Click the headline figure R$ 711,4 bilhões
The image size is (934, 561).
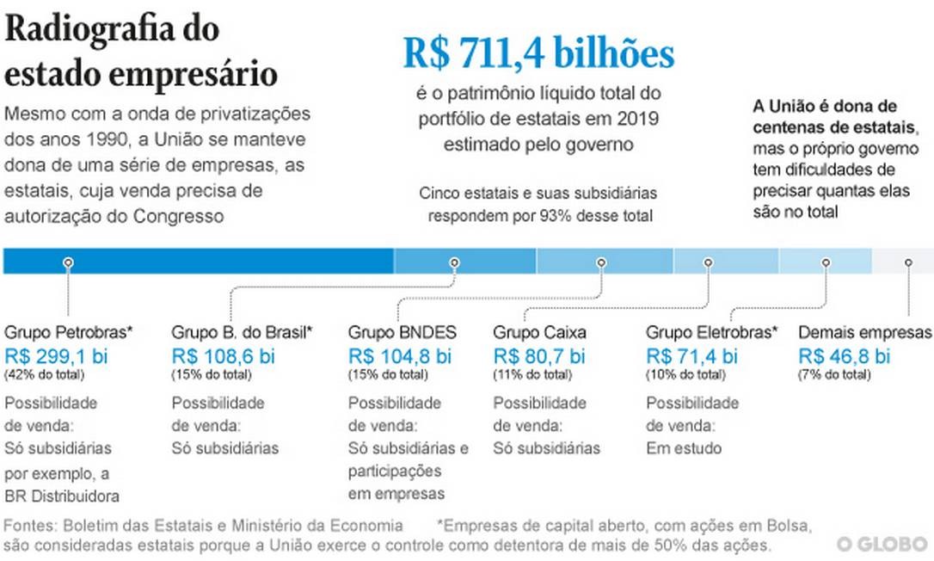coord(538,54)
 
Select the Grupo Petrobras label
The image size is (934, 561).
coord(69,332)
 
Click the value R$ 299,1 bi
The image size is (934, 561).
coord(57,355)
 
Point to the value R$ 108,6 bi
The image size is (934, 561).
coord(224,355)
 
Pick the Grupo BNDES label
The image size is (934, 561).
coord(402,332)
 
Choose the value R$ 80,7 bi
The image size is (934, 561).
coord(539,355)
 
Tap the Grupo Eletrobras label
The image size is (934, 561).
coord(712,332)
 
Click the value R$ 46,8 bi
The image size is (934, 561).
coord(845,355)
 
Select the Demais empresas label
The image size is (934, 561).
coord(864,332)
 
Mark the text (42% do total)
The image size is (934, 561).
coord(45,374)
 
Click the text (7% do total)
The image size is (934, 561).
coord(835,374)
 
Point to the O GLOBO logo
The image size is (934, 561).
coord(882,544)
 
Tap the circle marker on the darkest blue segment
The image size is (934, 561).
coord(68,262)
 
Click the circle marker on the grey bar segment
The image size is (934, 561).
coord(908,262)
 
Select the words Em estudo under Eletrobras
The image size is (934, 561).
coord(684,448)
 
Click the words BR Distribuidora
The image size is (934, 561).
coord(62,496)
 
